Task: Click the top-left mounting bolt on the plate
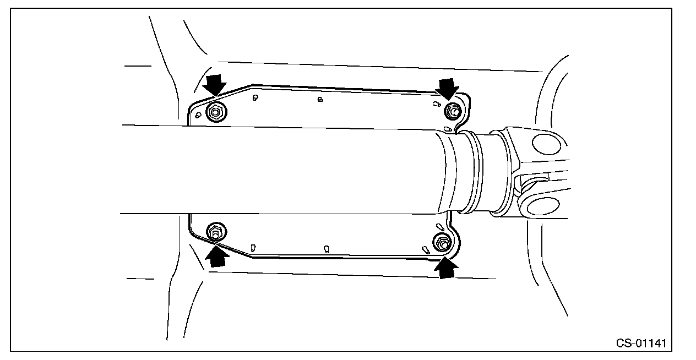[x=215, y=113]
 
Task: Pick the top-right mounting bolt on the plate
[x=453, y=111]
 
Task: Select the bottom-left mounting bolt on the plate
[x=215, y=232]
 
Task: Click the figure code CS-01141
[x=641, y=343]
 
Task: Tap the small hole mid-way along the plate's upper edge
[x=320, y=100]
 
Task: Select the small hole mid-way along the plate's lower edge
[x=326, y=248]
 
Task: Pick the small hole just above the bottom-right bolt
[x=439, y=227]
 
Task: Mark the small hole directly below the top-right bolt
[x=448, y=129]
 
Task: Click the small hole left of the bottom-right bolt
[x=425, y=249]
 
